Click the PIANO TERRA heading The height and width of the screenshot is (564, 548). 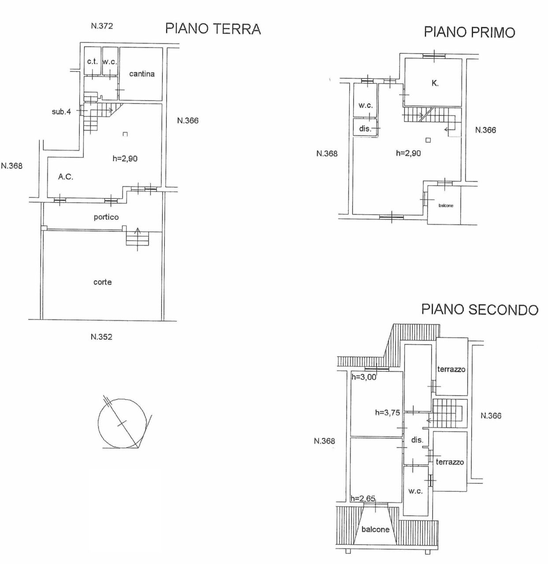pyautogui.click(x=213, y=29)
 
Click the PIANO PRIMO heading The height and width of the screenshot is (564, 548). pyautogui.click(x=469, y=32)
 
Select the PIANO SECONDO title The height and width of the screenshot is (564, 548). pyautogui.click(x=480, y=309)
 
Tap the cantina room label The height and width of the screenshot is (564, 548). pyautogui.click(x=142, y=74)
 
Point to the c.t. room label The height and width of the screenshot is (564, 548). pyautogui.click(x=92, y=62)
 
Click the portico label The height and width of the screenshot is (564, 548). pyautogui.click(x=106, y=217)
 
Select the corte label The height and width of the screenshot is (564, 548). pyautogui.click(x=102, y=282)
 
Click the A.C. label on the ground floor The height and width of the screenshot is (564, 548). pyautogui.click(x=66, y=177)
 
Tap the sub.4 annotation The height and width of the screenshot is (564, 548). pyautogui.click(x=61, y=112)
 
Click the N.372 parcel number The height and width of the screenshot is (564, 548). pyautogui.click(x=102, y=26)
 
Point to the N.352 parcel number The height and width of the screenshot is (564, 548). pyautogui.click(x=101, y=337)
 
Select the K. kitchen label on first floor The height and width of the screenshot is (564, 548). pyautogui.click(x=435, y=83)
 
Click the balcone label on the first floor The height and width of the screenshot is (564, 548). pyautogui.click(x=446, y=206)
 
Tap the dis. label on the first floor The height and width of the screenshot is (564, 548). pyautogui.click(x=365, y=129)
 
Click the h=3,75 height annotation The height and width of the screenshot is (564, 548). pyautogui.click(x=387, y=412)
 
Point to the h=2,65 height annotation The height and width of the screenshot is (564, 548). pyautogui.click(x=363, y=498)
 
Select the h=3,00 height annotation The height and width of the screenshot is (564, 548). pyautogui.click(x=364, y=377)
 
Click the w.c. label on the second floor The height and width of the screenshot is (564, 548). pyautogui.click(x=415, y=491)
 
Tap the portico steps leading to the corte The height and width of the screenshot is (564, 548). pyautogui.click(x=138, y=238)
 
